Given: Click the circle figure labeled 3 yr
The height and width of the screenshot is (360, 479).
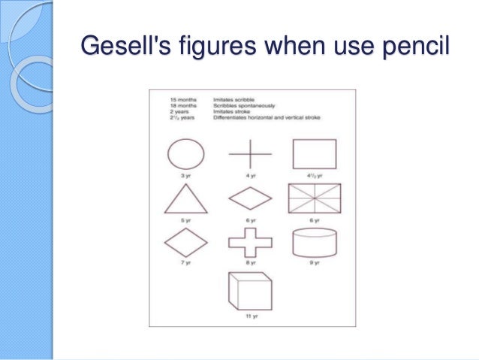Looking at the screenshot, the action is [184, 155].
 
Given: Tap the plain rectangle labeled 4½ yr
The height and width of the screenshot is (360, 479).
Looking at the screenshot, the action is [315, 155].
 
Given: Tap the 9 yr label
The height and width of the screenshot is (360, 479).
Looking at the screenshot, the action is [315, 264].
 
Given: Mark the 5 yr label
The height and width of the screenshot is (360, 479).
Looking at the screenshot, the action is [184, 220].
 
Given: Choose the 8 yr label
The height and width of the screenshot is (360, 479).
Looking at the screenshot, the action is [249, 264].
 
